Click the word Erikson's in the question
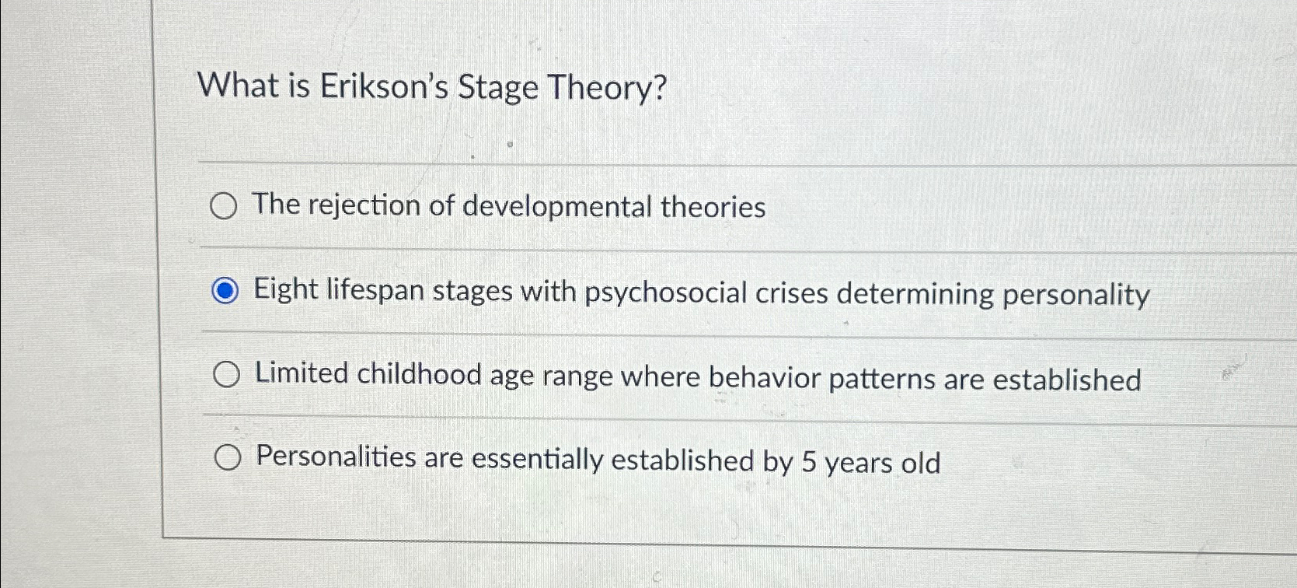[384, 86]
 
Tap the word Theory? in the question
[607, 88]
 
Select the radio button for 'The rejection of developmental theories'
[224, 207]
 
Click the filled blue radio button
[225, 292]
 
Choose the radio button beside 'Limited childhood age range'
[226, 375]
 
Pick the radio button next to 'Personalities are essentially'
[227, 459]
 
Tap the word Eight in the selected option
[286, 290]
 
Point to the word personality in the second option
[1076, 296]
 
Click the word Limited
[302, 373]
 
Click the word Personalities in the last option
[336, 457]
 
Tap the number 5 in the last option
[808, 462]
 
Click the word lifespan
[375, 291]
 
